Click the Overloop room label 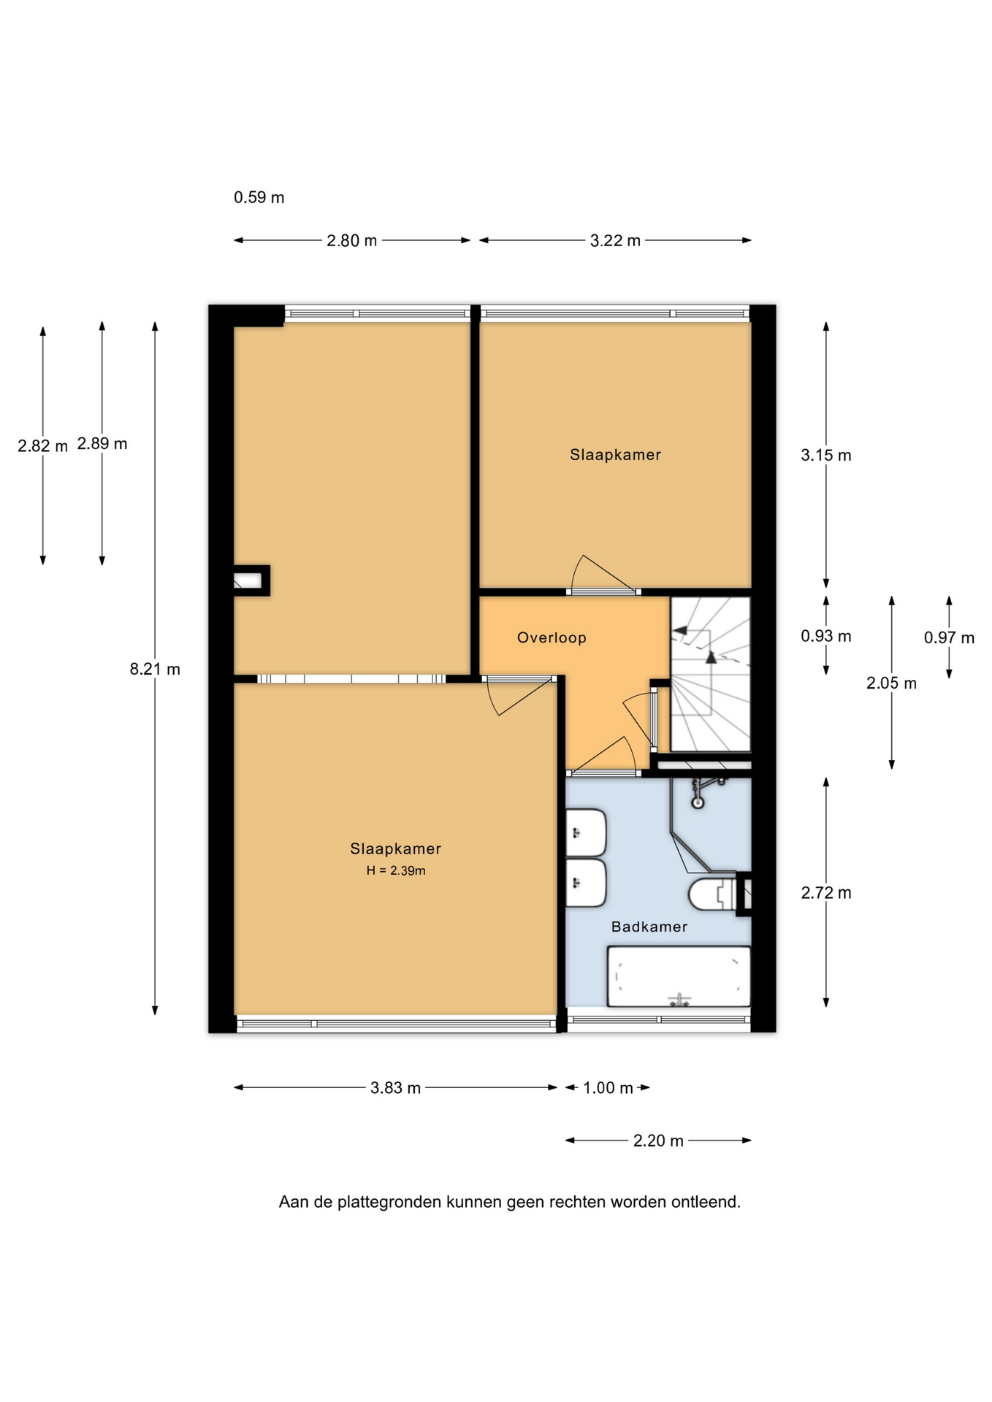(552, 637)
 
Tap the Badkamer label (649, 927)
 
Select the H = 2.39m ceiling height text (396, 870)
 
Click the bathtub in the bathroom (679, 976)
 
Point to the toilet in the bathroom (712, 895)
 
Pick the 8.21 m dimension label (155, 669)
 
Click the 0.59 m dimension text (259, 197)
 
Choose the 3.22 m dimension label (615, 240)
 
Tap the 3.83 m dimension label (395, 1087)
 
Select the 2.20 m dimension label (658, 1141)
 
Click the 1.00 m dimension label (608, 1088)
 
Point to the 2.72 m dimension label (826, 892)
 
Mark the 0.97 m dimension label (949, 637)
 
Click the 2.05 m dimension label (891, 683)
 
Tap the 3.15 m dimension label (826, 455)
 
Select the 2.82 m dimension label (42, 445)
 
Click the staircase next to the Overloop (711, 673)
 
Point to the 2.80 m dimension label (351, 240)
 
